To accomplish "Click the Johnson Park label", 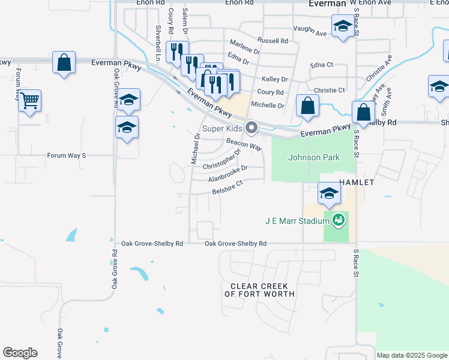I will pos(314,158).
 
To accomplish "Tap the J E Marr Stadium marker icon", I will pos(339,220).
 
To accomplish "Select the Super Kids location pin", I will pos(252,128).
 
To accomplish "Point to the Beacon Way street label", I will pos(244,145).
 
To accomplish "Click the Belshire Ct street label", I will pos(226,188).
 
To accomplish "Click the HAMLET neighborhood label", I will pos(357,182).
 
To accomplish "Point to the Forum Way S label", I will pos(67,155).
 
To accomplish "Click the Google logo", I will pos(20,353).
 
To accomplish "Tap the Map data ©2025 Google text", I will pos(412,355).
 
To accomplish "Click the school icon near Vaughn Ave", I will pos(342,26).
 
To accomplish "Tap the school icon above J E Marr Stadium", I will pos(328,193).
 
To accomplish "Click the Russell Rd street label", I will pos(273,41).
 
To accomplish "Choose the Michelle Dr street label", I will pos(267,105).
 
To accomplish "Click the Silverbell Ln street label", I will pos(158,43).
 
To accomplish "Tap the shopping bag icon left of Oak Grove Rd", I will pos(64,62).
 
